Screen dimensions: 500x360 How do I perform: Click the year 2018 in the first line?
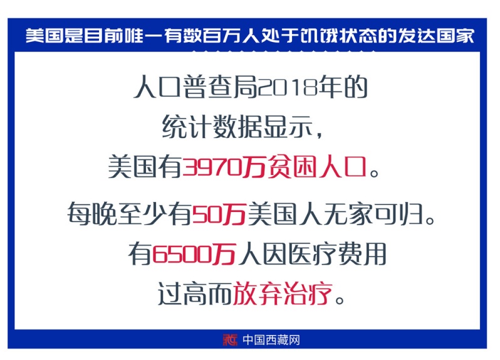click(x=288, y=87)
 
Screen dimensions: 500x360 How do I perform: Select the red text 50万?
click(x=219, y=213)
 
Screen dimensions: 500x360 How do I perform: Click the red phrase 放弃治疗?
click(x=283, y=294)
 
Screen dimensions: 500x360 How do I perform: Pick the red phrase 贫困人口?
click(x=317, y=166)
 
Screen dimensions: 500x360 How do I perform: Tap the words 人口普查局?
click(x=195, y=87)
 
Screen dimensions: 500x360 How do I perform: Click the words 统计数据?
click(x=212, y=127)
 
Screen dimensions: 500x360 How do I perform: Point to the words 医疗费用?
click(x=336, y=254)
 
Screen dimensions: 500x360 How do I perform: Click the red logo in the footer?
click(x=230, y=339)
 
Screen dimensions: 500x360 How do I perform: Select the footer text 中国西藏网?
click(x=271, y=340)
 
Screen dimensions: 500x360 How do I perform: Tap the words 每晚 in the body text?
click(x=92, y=213)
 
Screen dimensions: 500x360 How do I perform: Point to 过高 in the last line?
click(x=182, y=294)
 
